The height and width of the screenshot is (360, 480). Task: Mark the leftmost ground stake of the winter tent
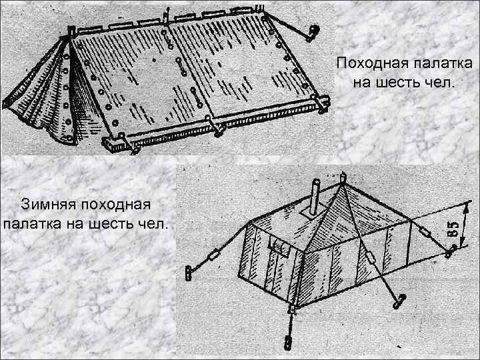189,272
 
